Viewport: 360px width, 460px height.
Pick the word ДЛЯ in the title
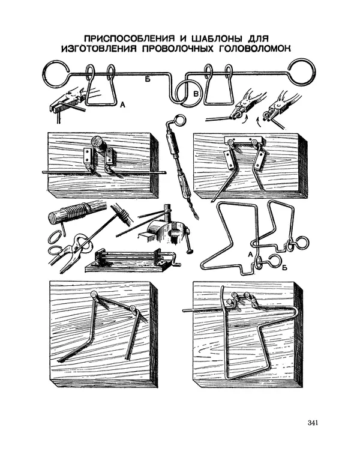257,38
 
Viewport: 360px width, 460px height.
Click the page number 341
313,423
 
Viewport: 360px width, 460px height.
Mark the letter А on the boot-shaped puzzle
250,255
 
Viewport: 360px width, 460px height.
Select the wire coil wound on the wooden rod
76,214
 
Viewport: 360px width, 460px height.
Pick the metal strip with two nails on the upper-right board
244,141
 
